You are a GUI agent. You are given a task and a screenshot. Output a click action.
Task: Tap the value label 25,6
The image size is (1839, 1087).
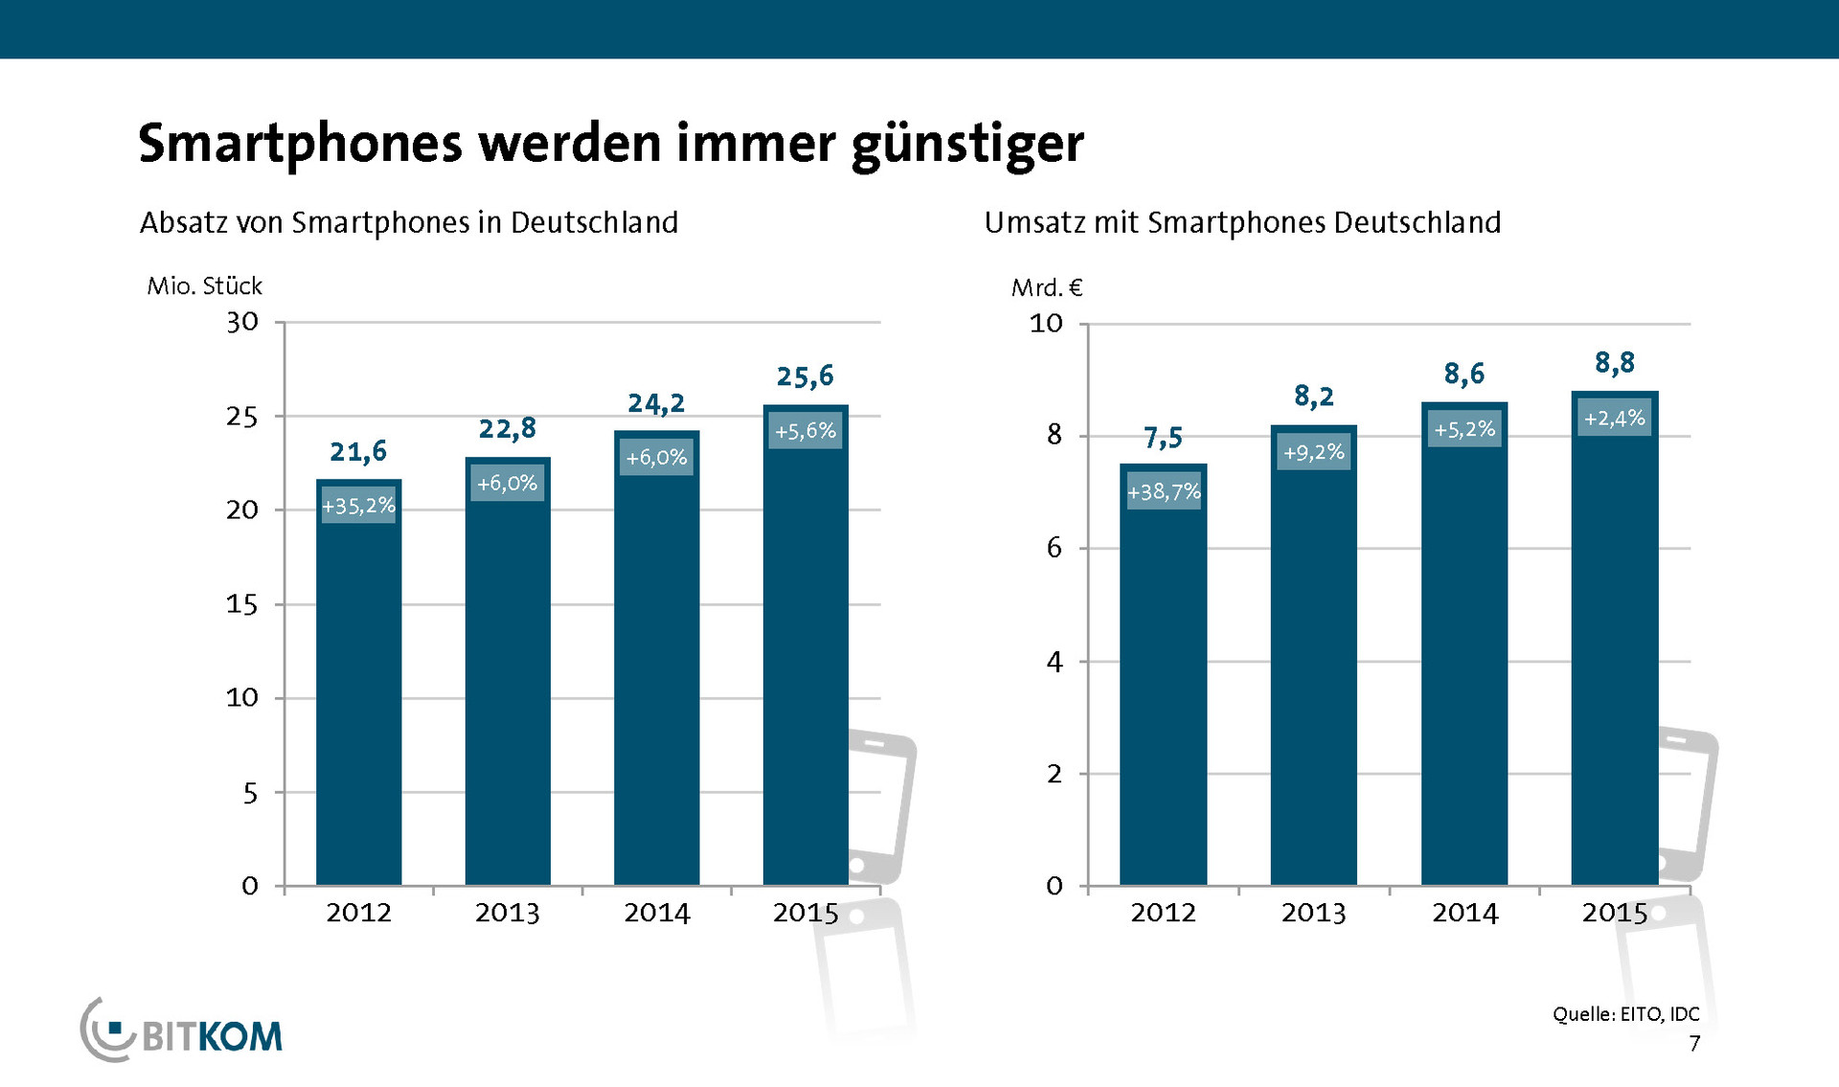point(805,376)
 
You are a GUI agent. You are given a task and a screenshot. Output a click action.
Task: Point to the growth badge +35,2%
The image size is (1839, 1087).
point(358,506)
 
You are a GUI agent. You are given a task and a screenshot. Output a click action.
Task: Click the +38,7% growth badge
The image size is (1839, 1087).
point(1163,491)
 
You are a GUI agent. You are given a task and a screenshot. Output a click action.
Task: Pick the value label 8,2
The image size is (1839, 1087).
point(1313,396)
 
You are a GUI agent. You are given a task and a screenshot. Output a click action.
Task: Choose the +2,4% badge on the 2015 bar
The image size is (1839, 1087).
point(1614,419)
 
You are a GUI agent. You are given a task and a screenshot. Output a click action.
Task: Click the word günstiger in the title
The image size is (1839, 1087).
point(967,144)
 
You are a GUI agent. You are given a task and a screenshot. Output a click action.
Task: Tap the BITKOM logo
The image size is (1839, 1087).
point(182,1031)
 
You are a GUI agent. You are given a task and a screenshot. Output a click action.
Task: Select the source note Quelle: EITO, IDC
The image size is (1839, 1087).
point(1625,1014)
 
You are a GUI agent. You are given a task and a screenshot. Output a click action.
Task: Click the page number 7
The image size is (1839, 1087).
point(1694,1044)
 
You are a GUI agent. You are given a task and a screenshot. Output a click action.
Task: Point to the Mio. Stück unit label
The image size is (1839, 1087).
point(204,286)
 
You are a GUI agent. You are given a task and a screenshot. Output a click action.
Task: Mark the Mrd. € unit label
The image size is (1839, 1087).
point(1047,287)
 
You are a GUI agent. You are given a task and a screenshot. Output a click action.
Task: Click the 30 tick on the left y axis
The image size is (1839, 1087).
point(242,322)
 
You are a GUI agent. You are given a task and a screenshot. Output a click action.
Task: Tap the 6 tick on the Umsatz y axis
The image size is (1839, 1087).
point(1054,548)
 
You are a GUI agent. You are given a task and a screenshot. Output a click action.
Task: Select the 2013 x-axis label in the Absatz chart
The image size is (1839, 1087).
point(507,913)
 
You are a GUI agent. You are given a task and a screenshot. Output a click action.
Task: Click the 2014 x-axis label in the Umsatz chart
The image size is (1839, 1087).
point(1464,913)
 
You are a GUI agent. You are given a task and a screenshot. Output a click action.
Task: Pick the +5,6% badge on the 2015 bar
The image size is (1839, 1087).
point(805,431)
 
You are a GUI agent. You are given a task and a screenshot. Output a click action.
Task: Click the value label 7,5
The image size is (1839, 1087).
point(1163,439)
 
